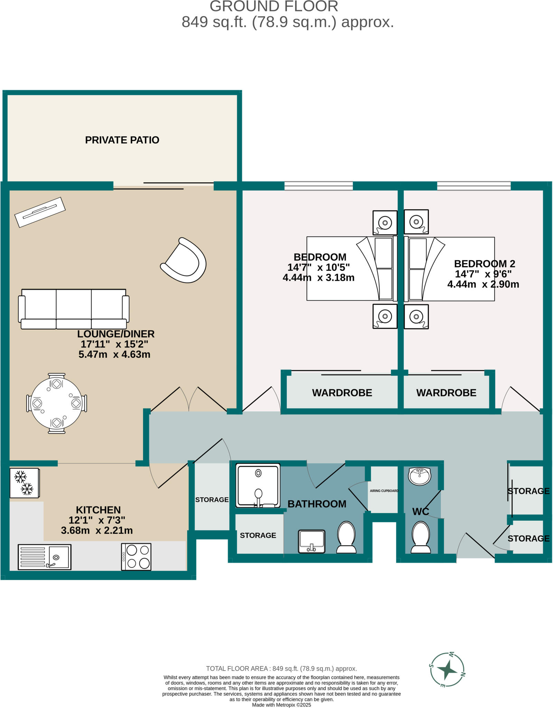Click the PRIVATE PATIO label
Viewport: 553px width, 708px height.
[x=122, y=140]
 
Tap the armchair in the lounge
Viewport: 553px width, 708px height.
[x=184, y=261]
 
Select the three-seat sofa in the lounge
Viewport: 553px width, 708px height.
[x=74, y=309]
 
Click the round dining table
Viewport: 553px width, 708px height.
[x=57, y=403]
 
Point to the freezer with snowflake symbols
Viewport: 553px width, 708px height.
[x=24, y=483]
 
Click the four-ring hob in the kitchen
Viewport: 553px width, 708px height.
[x=136, y=557]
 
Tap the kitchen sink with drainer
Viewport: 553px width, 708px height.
[x=44, y=557]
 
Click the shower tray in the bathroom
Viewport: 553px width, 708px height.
[x=258, y=485]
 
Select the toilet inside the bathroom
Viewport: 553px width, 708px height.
[x=346, y=537]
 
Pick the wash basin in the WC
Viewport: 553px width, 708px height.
[x=420, y=476]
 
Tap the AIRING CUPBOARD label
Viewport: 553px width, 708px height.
[x=384, y=491]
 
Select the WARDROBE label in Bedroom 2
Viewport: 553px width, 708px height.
[x=446, y=393]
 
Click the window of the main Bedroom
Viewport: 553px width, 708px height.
[x=318, y=186]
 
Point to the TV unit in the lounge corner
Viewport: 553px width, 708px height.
[x=40, y=212]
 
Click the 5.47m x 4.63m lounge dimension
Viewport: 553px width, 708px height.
[x=114, y=354]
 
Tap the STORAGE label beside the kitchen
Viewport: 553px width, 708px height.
[x=212, y=500]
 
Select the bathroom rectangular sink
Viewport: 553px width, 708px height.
[x=311, y=541]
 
